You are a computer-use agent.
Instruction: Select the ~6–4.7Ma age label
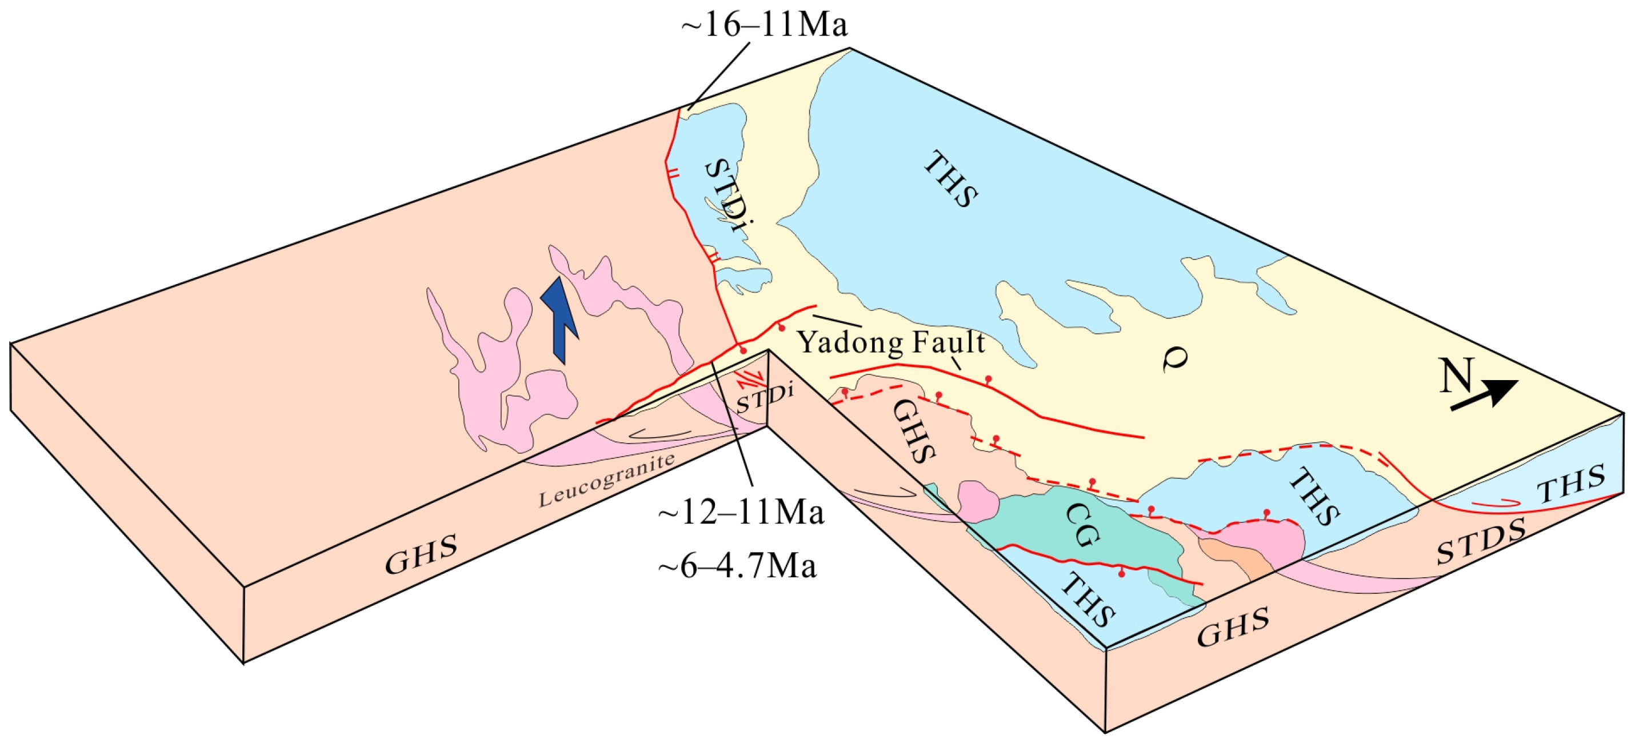[738, 565]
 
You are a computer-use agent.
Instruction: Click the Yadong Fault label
[890, 342]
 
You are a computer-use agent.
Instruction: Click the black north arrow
[1485, 395]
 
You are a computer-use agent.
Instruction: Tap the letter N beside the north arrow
[1456, 376]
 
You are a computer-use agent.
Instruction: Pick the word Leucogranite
[606, 480]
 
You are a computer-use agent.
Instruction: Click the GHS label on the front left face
[421, 554]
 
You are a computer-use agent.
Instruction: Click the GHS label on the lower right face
[1233, 627]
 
